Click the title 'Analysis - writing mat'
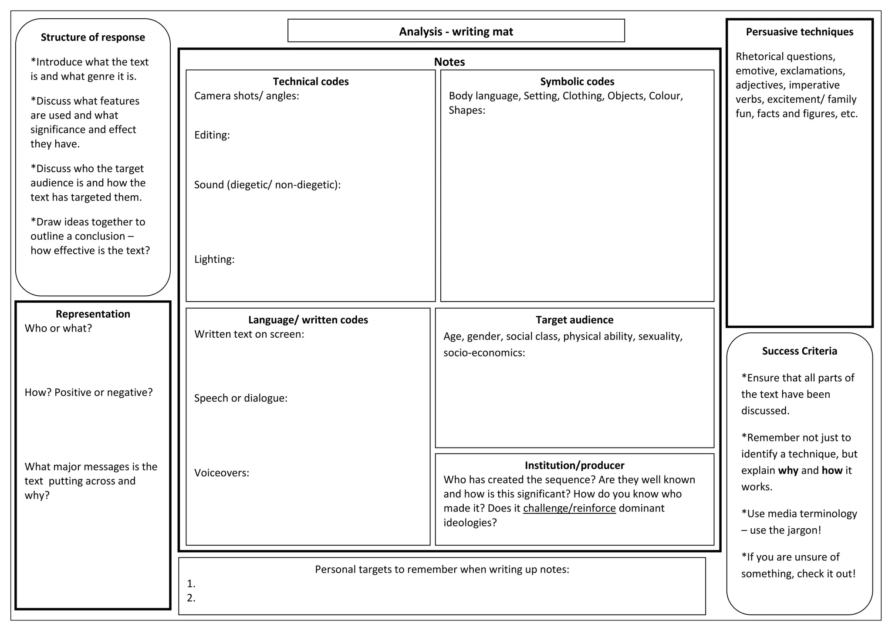point(456,32)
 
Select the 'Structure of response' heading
point(93,37)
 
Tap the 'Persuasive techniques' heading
point(799,32)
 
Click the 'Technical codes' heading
point(311,81)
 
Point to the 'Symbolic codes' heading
point(577,81)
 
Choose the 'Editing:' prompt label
point(212,135)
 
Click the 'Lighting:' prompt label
point(214,259)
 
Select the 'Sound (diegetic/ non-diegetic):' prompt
point(267,185)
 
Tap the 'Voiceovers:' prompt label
point(222,473)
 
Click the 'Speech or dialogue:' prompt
point(241,398)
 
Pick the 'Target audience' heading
point(574,320)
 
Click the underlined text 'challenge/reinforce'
point(569,508)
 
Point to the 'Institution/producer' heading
point(574,465)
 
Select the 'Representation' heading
point(93,314)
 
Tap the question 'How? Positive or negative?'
point(89,393)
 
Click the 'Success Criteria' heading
point(799,351)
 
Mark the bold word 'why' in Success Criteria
point(788,471)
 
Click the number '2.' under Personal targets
point(191,598)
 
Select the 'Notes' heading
point(449,62)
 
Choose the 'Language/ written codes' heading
point(308,320)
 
